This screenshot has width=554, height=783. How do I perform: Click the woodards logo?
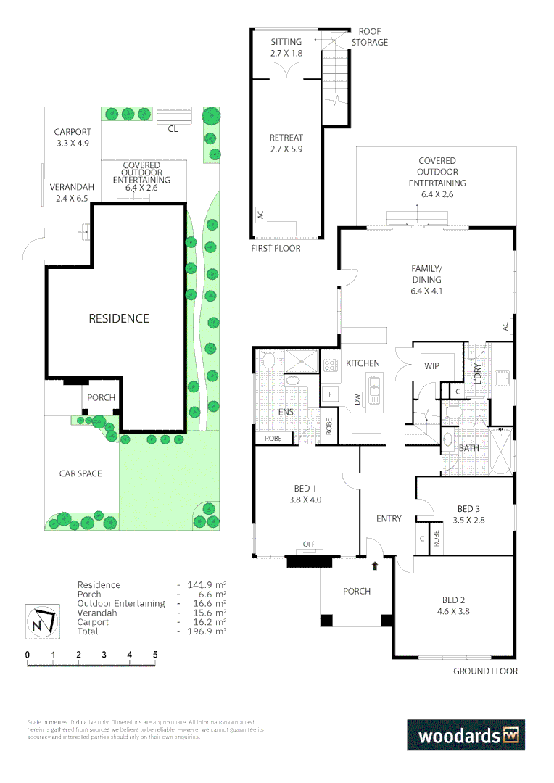[x=465, y=734]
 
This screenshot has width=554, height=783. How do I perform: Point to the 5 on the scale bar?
[x=155, y=654]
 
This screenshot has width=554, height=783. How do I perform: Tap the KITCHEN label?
[x=363, y=363]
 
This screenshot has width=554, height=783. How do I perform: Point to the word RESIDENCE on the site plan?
[x=119, y=318]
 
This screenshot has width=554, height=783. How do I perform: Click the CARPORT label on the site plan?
[x=73, y=132]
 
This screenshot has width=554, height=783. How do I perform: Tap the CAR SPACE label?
[x=80, y=473]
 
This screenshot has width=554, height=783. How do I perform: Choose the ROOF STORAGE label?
[x=370, y=37]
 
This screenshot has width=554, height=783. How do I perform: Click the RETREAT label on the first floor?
[x=286, y=138]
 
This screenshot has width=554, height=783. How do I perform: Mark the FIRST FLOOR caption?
[x=276, y=248]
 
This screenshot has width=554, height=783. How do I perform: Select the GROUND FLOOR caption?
[x=485, y=671]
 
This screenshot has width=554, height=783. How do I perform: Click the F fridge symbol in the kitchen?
[x=331, y=394]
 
